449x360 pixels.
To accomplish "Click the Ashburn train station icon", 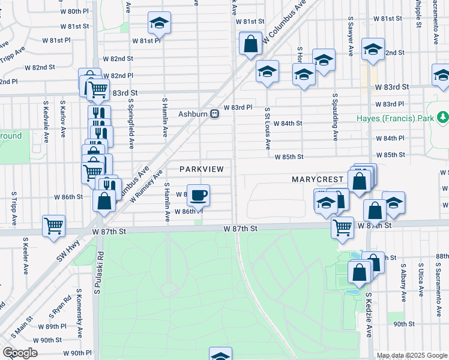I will point(214,114).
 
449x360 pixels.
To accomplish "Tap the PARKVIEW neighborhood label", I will point(201,169).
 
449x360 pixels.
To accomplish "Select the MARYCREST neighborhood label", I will point(317,179).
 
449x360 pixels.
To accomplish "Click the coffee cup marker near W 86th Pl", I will point(198,194).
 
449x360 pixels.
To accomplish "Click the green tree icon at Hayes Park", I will point(443,116).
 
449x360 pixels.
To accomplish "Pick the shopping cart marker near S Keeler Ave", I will point(53,226).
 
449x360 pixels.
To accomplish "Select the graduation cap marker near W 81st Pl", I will point(159,23).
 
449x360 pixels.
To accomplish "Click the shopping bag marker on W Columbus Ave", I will point(250,43).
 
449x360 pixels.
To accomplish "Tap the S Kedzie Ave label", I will point(369,314).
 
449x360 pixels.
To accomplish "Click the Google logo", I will point(20,353).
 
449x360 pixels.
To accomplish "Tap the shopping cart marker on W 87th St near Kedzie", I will point(342,226).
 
